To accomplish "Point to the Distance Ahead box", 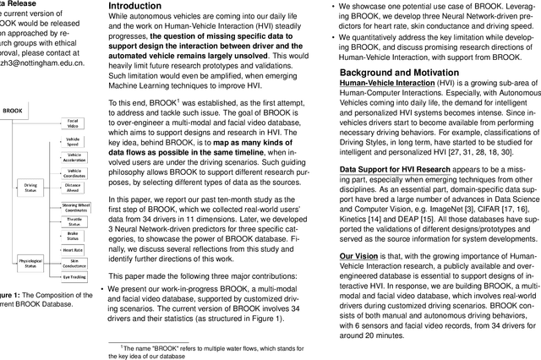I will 74,194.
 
